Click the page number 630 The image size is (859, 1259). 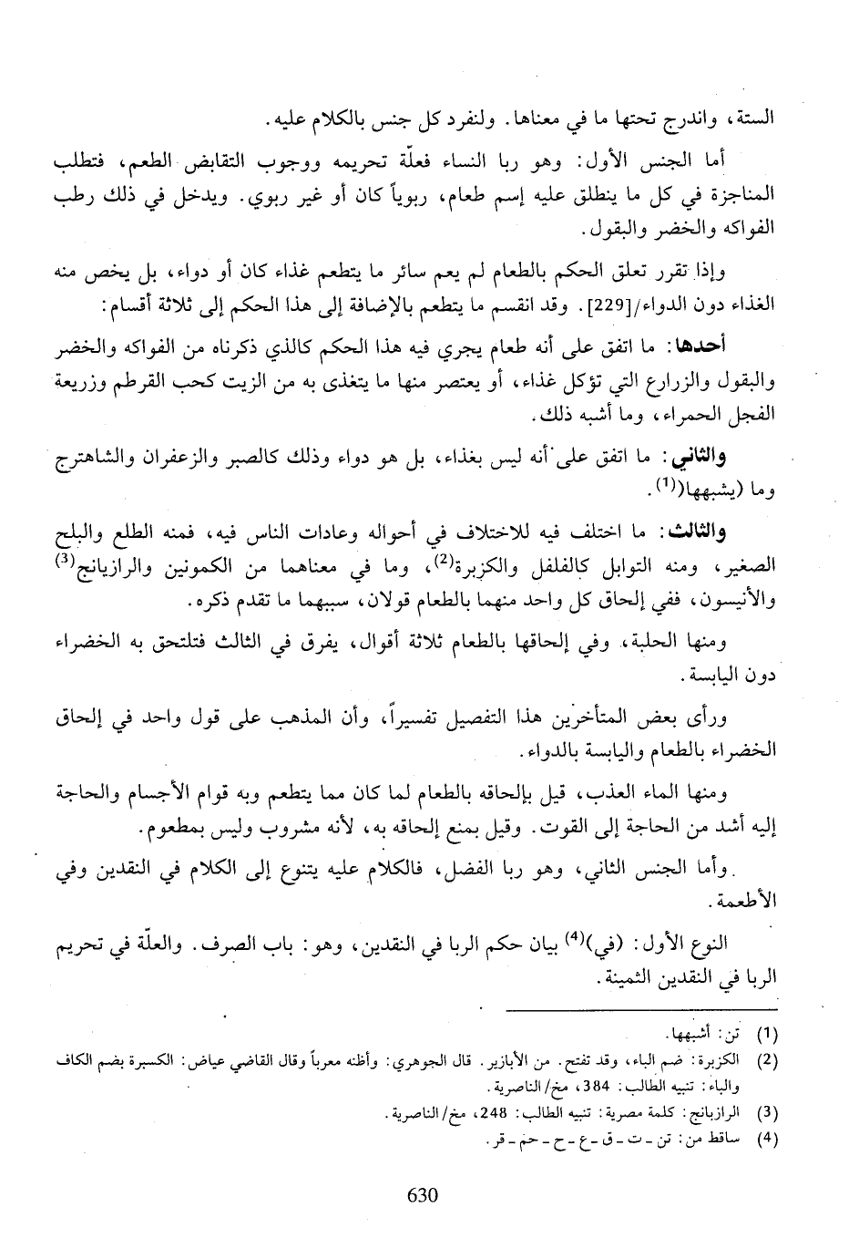click(x=424, y=1194)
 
